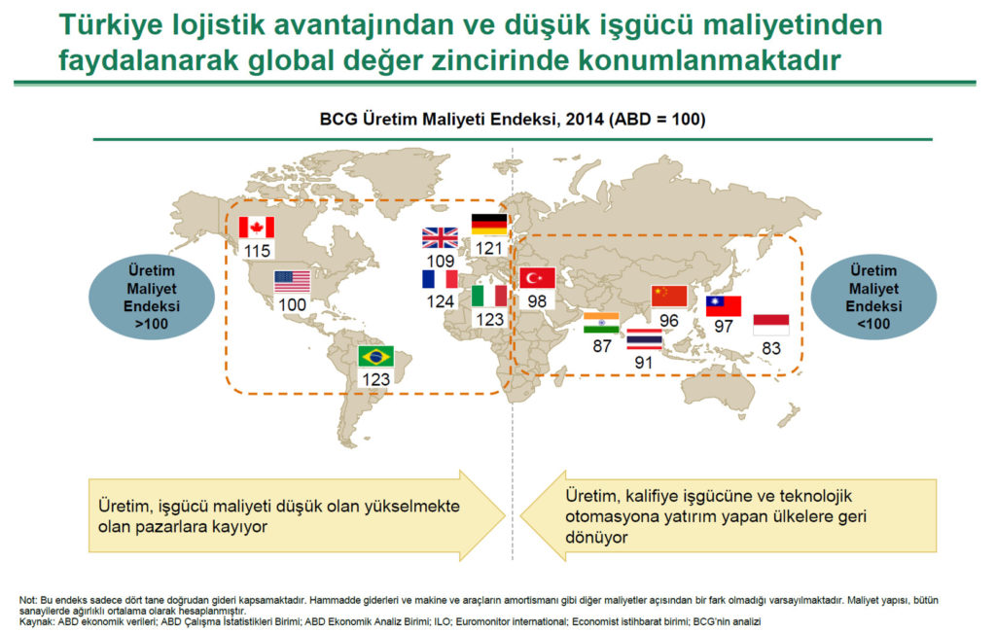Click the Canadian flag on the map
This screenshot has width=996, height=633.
257,228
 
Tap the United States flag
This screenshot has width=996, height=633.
292,282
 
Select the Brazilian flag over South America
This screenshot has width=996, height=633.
375,356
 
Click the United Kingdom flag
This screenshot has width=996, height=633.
440,238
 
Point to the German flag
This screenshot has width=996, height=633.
488,225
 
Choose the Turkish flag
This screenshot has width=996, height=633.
537,278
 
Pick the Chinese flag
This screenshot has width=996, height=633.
668,296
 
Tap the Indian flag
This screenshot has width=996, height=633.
601,324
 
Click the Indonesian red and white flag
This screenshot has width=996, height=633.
771,324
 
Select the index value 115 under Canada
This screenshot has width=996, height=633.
257,251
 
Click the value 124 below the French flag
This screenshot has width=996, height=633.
440,301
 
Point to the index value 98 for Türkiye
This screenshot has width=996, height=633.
537,301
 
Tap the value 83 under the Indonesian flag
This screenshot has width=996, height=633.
771,347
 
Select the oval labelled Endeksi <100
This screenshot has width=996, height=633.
873,297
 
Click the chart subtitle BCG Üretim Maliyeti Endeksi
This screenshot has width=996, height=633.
512,120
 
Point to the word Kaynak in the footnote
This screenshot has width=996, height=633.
38,621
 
